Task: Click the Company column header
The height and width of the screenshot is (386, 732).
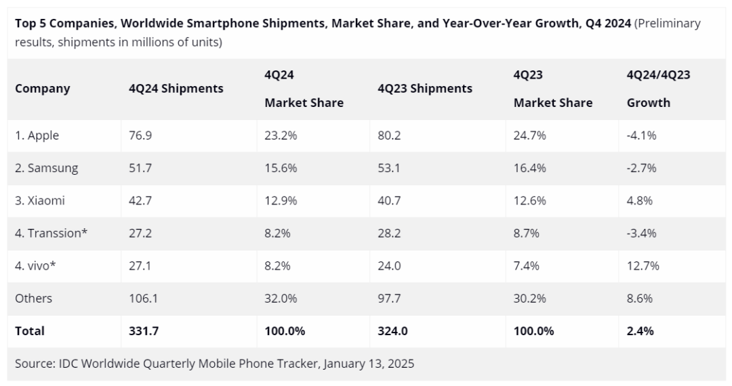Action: (x=43, y=89)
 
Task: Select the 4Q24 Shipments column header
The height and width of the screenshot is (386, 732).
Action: (x=176, y=89)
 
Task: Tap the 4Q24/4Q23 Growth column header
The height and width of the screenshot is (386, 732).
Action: (x=658, y=89)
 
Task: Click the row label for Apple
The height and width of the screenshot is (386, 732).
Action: (x=37, y=135)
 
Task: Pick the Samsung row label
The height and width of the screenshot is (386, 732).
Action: (x=47, y=168)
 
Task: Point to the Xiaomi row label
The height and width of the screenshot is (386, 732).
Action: (x=41, y=201)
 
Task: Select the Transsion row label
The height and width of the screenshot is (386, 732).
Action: (x=52, y=234)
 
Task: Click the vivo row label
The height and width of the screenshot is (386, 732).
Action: (x=35, y=266)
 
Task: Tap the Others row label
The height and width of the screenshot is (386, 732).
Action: (x=34, y=299)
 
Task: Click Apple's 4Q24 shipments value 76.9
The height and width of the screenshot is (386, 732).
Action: (x=140, y=135)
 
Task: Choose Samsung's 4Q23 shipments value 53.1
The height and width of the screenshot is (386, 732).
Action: (x=390, y=168)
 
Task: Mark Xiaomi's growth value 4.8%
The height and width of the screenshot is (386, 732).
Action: (x=640, y=201)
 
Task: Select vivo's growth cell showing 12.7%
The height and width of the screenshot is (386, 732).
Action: (x=643, y=266)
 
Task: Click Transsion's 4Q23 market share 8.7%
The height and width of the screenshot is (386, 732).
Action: (x=527, y=234)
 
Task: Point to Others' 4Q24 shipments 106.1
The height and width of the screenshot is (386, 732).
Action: (x=143, y=299)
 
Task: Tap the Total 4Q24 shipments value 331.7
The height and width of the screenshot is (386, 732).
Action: (x=144, y=331)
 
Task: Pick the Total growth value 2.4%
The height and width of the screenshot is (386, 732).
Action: (x=641, y=331)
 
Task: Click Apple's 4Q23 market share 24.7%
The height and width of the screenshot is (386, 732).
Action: (x=530, y=135)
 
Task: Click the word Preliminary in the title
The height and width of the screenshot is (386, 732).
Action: (x=668, y=24)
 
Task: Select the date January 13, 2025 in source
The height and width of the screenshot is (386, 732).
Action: (x=369, y=364)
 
